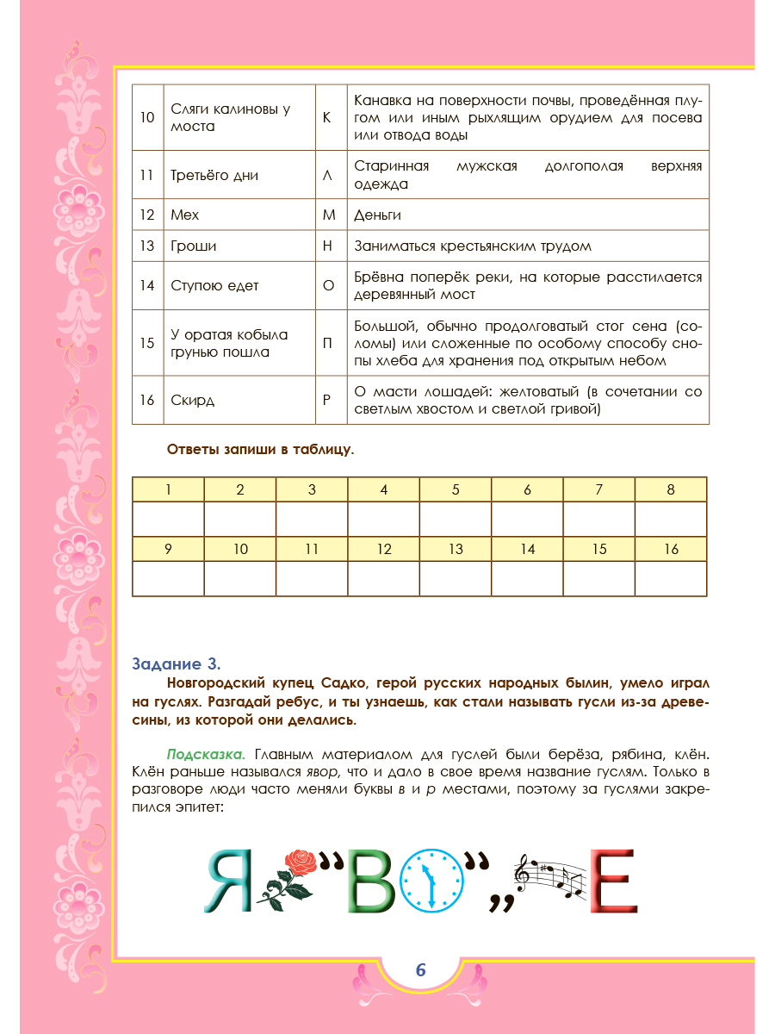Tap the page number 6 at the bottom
420,969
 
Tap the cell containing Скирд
192,401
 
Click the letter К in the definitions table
326,117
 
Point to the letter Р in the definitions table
326,401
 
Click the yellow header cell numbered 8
671,490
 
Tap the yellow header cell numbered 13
456,549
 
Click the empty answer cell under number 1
168,519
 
